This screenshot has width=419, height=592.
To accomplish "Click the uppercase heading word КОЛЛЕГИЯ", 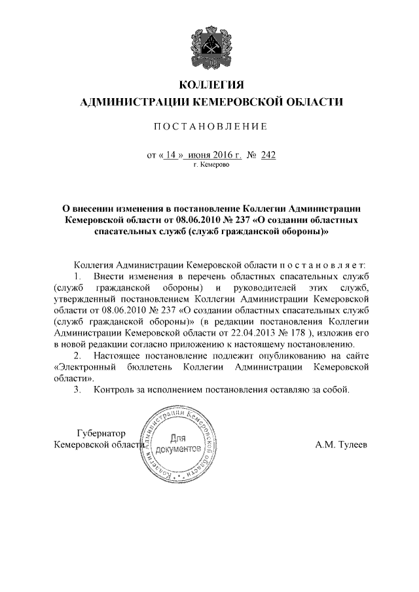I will (209, 86).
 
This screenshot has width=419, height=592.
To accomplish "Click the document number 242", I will (268, 155).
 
